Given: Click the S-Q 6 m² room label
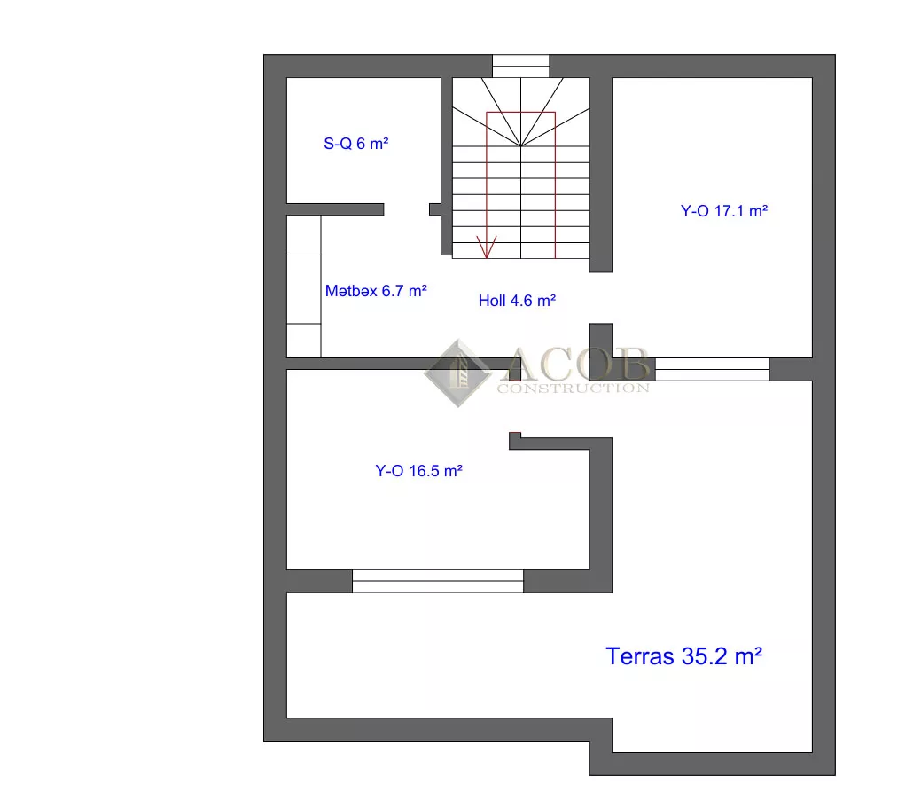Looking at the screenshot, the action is (x=356, y=144).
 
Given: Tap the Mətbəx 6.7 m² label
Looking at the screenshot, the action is (x=376, y=291).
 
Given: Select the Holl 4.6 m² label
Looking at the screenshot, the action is (x=517, y=301).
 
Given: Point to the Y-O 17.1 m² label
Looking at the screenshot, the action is (x=724, y=211).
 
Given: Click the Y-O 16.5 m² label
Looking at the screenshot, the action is (x=418, y=471).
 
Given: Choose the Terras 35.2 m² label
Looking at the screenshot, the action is (x=683, y=656).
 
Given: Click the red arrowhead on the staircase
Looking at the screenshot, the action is (x=487, y=247).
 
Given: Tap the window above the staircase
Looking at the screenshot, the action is (x=520, y=66).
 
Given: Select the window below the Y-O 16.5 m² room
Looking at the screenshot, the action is (x=438, y=580).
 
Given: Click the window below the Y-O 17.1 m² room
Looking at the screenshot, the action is (x=712, y=369).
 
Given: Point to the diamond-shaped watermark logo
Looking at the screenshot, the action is (x=457, y=373).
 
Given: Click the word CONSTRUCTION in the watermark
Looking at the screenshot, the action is (x=574, y=388).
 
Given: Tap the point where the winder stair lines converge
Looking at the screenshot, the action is (x=521, y=145).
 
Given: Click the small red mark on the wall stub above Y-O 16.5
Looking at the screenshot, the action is (x=514, y=435).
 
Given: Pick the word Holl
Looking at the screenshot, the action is (x=492, y=301).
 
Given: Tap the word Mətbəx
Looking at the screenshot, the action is (x=351, y=291).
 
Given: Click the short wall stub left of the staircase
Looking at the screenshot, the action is (x=435, y=209).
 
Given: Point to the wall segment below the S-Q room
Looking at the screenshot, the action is (x=335, y=209).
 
